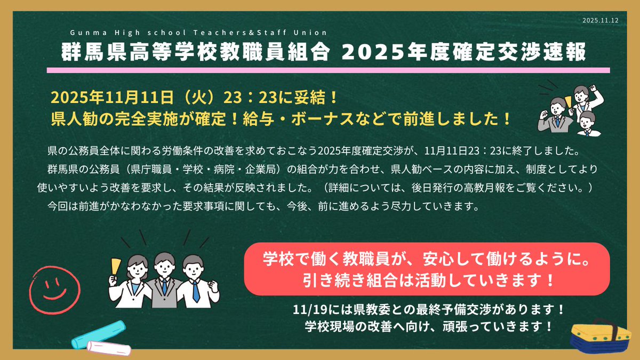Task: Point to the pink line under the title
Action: [328, 70]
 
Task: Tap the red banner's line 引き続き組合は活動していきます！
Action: [427, 279]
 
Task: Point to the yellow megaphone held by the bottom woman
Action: [115, 265]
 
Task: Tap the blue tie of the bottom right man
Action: [196, 291]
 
